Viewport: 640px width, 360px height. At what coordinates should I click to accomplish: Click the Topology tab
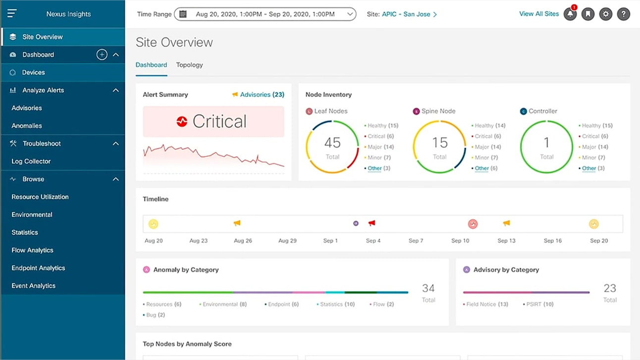click(x=189, y=65)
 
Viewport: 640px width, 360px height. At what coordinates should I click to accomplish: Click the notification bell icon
click(x=570, y=14)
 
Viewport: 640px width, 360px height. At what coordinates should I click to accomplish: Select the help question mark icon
click(x=624, y=14)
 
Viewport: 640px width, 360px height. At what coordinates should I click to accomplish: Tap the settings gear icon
click(x=606, y=14)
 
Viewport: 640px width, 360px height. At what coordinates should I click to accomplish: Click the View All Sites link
click(x=538, y=14)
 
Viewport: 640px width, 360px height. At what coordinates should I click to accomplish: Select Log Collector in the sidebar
click(x=31, y=161)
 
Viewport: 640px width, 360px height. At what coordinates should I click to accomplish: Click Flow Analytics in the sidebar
click(x=32, y=250)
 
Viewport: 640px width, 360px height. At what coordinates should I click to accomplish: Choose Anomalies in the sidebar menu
click(x=27, y=126)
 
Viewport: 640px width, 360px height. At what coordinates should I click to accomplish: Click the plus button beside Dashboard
click(x=102, y=54)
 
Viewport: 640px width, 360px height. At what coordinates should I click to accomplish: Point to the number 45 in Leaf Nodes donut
click(x=332, y=143)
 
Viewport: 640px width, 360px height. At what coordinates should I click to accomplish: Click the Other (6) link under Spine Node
click(x=485, y=168)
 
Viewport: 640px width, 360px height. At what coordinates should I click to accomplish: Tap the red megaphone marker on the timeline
click(x=372, y=223)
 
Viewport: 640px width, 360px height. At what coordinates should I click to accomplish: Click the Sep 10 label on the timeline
click(x=460, y=241)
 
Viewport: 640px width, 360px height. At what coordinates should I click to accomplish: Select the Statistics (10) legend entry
click(x=337, y=304)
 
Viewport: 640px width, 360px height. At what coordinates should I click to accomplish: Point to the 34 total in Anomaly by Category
click(x=428, y=288)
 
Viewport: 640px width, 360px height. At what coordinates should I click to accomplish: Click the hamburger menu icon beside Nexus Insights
click(x=12, y=13)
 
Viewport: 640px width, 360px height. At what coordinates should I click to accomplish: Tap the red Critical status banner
click(x=213, y=121)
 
